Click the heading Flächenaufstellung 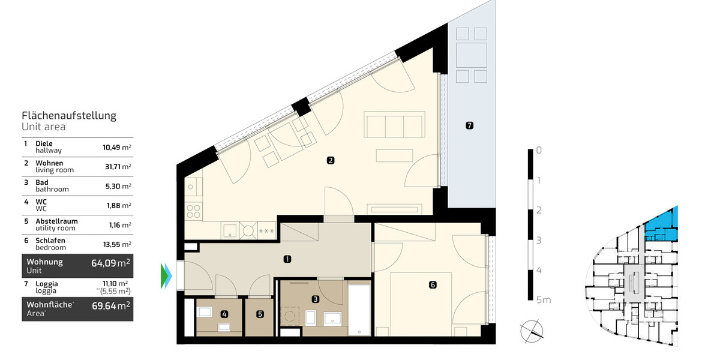click(x=69, y=116)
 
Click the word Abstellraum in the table click(x=56, y=221)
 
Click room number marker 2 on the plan click(x=330, y=160)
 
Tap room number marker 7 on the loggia click(x=469, y=125)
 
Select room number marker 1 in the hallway click(x=287, y=259)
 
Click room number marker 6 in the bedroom click(x=433, y=285)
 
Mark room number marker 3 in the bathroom click(x=315, y=298)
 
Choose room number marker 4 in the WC click(x=223, y=313)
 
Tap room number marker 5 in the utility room click(x=260, y=313)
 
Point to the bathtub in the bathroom click(x=359, y=309)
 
